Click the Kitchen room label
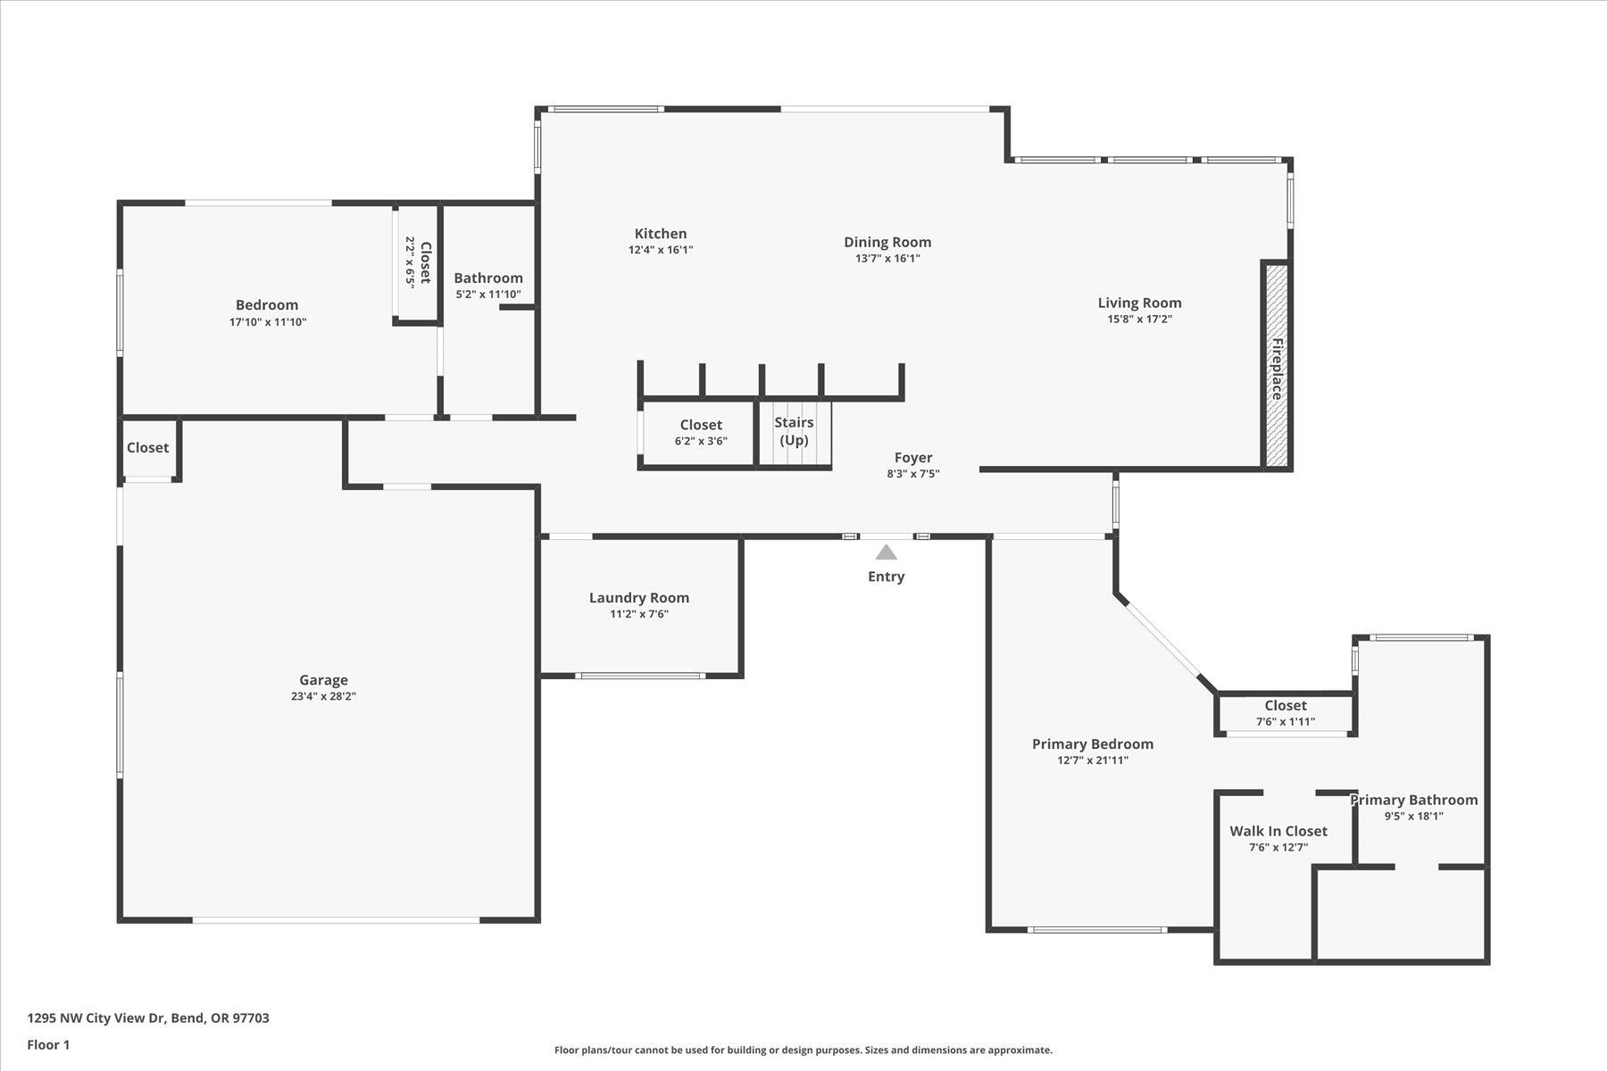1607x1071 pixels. (661, 234)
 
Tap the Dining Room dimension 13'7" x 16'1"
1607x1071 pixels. (887, 259)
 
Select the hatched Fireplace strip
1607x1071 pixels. (1277, 365)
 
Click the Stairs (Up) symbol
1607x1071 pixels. (795, 434)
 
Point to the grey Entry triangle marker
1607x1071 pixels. (886, 552)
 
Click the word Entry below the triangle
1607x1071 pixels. (886, 577)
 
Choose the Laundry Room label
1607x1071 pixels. (639, 598)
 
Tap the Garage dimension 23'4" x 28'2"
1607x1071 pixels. (323, 697)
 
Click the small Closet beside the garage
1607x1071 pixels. (148, 448)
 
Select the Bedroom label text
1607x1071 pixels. (267, 305)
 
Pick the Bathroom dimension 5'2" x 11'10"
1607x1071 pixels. (488, 295)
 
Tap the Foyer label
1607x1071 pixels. (913, 458)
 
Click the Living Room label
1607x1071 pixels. (1139, 303)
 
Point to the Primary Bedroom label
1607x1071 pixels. (1093, 744)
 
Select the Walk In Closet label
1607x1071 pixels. (1278, 831)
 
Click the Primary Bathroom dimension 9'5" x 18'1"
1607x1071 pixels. (1413, 816)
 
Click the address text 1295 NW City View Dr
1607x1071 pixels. (97, 1018)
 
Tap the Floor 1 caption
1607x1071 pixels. (48, 1045)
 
